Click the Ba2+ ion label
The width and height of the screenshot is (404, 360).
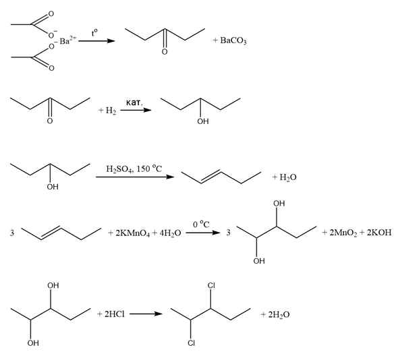pos(68,40)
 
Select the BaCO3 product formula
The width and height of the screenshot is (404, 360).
pos(233,40)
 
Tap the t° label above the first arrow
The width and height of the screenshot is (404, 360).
pos(94,33)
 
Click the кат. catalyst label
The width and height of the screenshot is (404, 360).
pos(134,102)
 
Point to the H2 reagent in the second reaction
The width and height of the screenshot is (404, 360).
pos(111,111)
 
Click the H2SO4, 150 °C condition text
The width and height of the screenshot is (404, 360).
pos(134,169)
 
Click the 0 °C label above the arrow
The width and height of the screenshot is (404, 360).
pos(201,224)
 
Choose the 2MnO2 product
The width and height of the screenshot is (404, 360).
pos(343,233)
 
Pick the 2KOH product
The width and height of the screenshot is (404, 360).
pos(379,233)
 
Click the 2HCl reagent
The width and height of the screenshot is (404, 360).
pos(115,314)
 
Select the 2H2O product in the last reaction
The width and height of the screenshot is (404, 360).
pos(279,314)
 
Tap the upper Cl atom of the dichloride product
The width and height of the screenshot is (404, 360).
pos(211,286)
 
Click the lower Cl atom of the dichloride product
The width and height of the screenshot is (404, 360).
pos(191,343)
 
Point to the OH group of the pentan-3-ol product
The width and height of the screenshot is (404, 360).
pos(203,121)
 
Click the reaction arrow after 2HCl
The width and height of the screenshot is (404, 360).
pos(146,314)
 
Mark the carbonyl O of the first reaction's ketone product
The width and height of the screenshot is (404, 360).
pos(165,52)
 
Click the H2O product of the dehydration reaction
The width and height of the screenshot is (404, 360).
pos(288,177)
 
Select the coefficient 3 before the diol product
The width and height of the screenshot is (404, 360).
pos(228,233)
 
